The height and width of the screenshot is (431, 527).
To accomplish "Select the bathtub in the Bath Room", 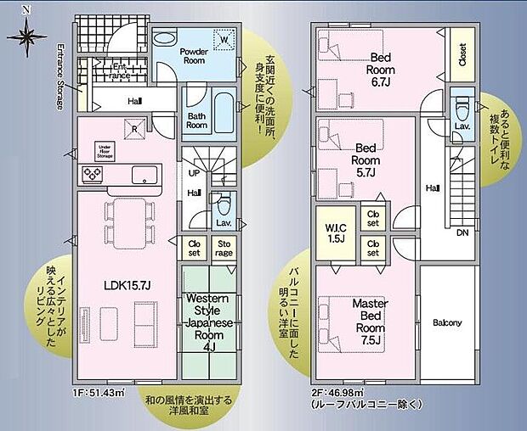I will click(223, 109).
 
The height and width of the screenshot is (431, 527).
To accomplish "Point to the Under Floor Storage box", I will click(105, 151).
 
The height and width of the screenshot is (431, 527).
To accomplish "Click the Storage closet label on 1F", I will click(224, 248).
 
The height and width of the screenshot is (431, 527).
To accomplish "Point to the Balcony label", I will click(447, 322).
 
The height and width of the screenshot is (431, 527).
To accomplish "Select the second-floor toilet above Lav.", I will click(462, 108).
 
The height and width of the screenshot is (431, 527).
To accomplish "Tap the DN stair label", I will click(462, 232).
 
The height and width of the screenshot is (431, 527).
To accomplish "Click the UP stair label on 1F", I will click(194, 172).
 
